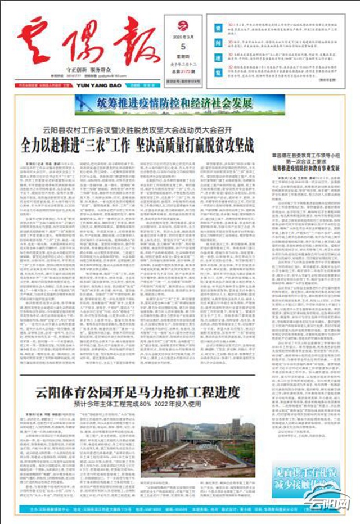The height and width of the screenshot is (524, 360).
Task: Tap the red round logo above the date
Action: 183,25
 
